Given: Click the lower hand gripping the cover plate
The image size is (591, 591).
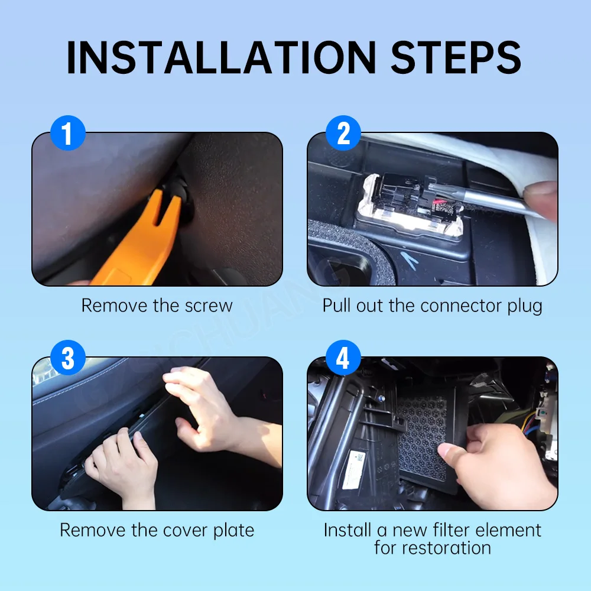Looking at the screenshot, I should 121,467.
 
